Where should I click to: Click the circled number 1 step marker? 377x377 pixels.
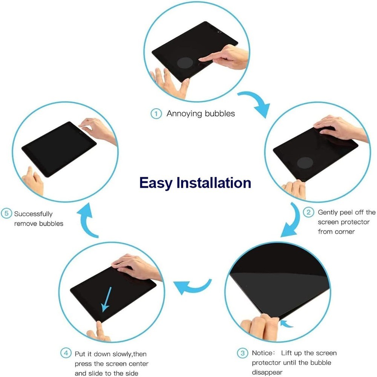[x=156, y=113]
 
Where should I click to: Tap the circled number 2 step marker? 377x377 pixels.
[x=308, y=212]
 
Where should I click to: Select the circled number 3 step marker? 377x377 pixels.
[x=242, y=353]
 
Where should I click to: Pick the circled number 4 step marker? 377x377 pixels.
[x=66, y=353]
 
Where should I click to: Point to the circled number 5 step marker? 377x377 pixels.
[x=6, y=213]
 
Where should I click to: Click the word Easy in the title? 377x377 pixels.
[x=156, y=183]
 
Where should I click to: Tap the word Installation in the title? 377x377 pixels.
[x=214, y=183]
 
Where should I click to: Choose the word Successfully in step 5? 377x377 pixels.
[x=33, y=214]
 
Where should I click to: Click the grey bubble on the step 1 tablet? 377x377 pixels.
[x=185, y=63]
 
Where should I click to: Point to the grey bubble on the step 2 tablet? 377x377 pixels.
[x=305, y=163]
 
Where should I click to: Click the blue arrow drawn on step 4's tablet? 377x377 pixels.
[x=106, y=299]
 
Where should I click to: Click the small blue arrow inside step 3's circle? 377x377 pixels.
[x=286, y=323]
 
